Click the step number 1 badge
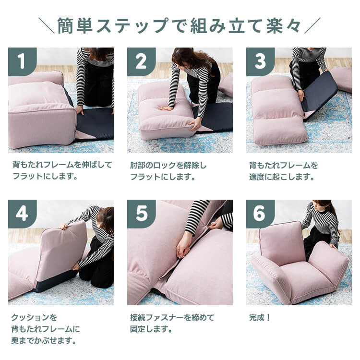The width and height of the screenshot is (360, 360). coord(23,62)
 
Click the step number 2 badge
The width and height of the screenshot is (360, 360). coord(142,62)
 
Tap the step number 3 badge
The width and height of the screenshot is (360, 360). coord(260,62)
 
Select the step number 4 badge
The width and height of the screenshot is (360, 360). coord(23,214)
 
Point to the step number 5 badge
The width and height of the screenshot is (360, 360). coord(142,214)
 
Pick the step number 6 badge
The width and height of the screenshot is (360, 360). coord(260,214)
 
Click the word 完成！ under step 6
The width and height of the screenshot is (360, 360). coord(260,318)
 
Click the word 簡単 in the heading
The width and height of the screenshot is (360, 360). coord(75,26)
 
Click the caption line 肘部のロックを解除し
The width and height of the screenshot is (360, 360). coord(168,165)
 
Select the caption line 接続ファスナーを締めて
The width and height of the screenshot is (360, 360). coord(172,318)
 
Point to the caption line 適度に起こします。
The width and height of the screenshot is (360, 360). coord(282,177)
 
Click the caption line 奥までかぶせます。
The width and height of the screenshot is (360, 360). coord(44,340)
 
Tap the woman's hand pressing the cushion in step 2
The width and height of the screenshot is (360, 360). coord(166,108)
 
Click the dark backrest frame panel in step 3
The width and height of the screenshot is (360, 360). coord(319,94)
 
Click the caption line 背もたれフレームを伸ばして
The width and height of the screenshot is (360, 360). coord(62,165)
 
